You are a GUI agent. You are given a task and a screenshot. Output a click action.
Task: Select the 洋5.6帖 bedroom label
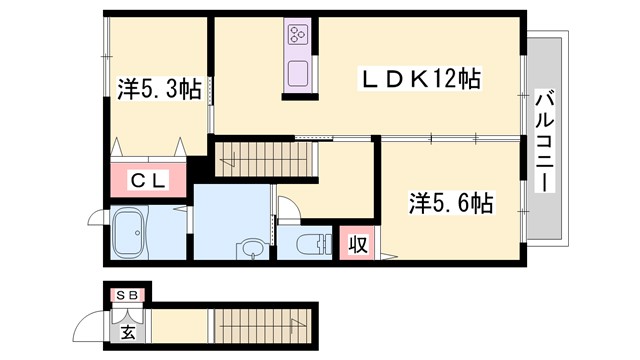click(449, 204)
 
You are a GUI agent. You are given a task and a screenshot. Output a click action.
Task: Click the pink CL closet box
click(149, 181)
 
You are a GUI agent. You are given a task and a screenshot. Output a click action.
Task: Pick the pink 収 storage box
click(357, 244)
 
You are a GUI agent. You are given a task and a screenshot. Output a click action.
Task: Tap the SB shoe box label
click(128, 295)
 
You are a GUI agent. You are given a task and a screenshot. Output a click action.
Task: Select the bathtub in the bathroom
click(131, 235)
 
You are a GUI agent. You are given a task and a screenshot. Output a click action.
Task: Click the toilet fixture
click(311, 243)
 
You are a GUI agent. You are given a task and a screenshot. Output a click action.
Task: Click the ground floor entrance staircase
click(265, 325)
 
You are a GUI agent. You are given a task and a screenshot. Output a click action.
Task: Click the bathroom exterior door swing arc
click(97, 220)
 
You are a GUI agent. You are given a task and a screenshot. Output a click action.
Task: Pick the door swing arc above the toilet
click(287, 208)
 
